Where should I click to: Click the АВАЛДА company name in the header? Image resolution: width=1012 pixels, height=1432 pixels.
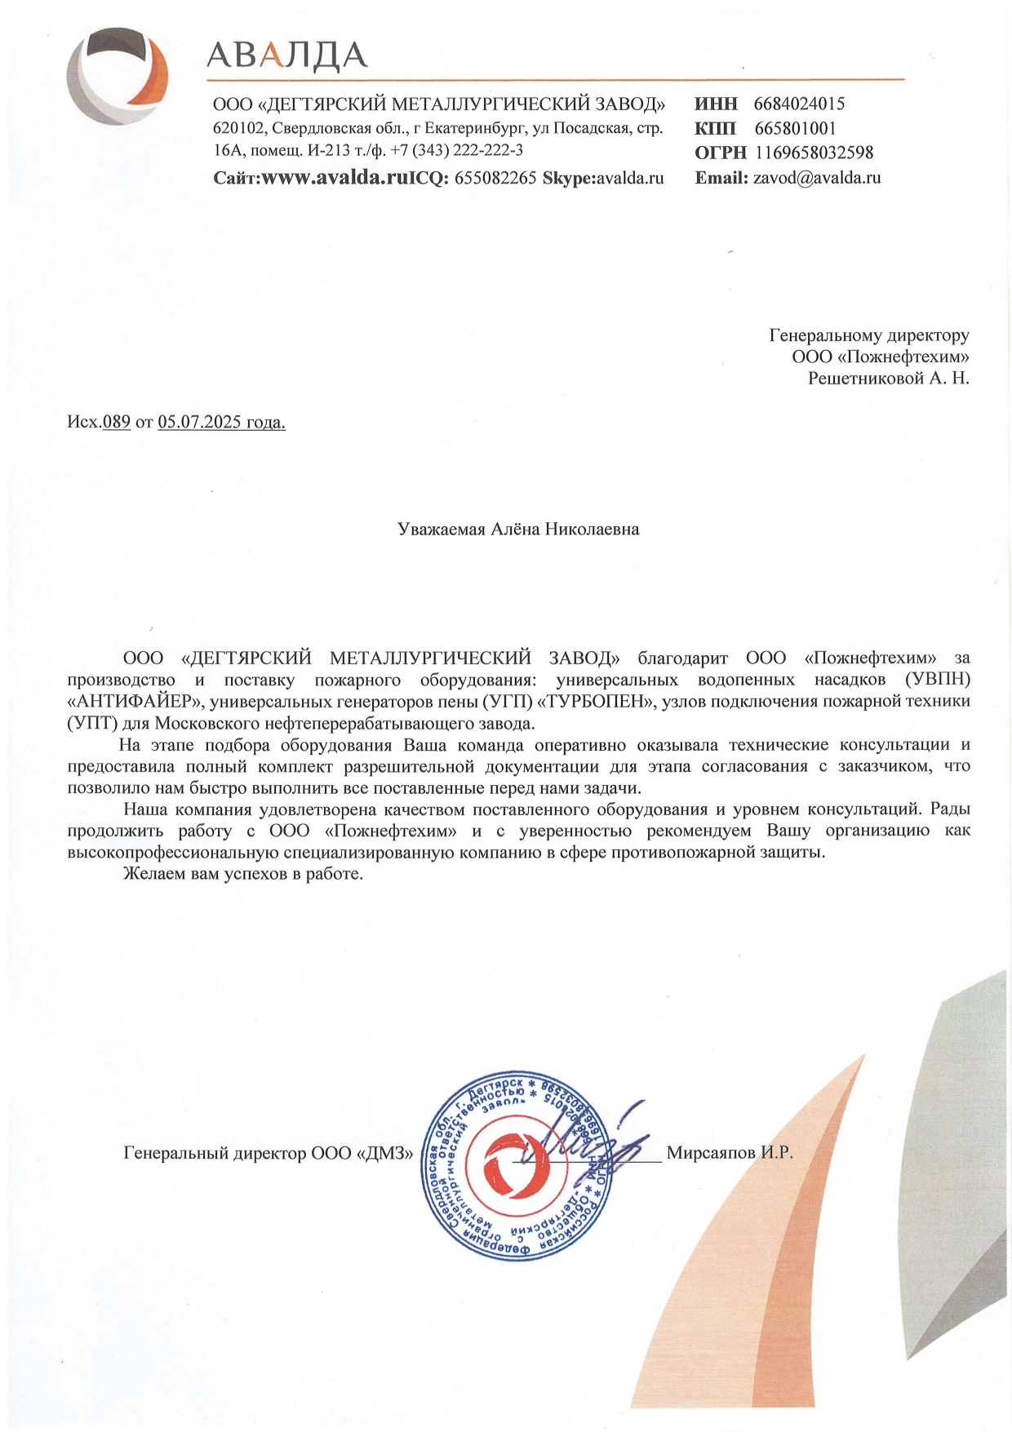click(286, 55)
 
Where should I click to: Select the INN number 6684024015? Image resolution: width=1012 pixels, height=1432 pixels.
click(799, 104)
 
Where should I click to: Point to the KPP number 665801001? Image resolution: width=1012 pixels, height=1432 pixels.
click(795, 128)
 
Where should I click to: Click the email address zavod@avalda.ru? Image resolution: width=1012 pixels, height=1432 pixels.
click(816, 177)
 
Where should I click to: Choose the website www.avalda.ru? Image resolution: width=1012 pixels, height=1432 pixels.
click(334, 177)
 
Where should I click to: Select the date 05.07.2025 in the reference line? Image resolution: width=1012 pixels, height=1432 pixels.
click(200, 422)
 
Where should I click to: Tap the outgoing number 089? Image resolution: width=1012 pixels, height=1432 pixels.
click(117, 422)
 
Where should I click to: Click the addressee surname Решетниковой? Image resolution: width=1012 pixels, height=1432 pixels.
click(866, 378)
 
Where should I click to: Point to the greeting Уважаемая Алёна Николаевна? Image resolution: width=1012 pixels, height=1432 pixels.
click(517, 529)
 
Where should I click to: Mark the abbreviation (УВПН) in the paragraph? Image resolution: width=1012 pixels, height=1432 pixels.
click(937, 679)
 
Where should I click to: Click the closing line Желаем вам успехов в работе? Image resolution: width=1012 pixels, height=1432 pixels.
click(242, 874)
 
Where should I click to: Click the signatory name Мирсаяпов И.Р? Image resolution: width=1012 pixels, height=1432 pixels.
click(729, 1152)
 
